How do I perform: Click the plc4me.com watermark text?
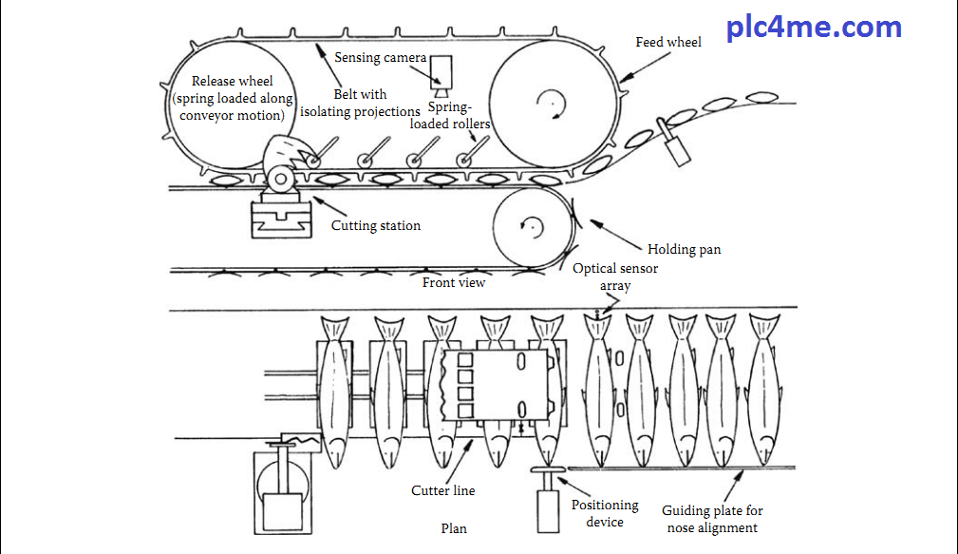point(814,27)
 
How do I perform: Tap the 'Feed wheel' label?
point(669,43)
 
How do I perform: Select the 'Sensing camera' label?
point(380,58)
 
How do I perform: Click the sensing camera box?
point(443,71)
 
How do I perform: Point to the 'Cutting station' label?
point(375,226)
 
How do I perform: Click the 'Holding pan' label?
point(684,250)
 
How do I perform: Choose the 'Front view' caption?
point(454,282)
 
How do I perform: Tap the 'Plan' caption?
point(454,529)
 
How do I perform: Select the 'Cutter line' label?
point(442,491)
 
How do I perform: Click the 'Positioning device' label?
point(605,513)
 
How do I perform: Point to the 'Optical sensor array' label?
point(614,277)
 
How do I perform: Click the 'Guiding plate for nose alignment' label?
point(712,519)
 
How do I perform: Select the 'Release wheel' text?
point(232,82)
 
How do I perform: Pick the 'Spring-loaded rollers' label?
point(451,116)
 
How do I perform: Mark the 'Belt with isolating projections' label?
point(360,104)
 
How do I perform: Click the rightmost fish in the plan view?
point(763,390)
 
